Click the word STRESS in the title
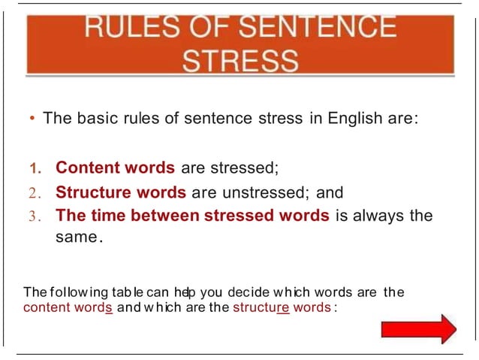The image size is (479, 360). point(240,60)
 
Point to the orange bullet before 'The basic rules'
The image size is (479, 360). point(33,119)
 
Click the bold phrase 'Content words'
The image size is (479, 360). point(115,167)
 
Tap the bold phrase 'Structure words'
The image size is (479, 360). point(122,192)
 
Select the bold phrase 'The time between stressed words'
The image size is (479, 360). point(192,216)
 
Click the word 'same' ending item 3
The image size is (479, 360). point(76,237)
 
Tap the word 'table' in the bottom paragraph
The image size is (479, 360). point(128,292)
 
